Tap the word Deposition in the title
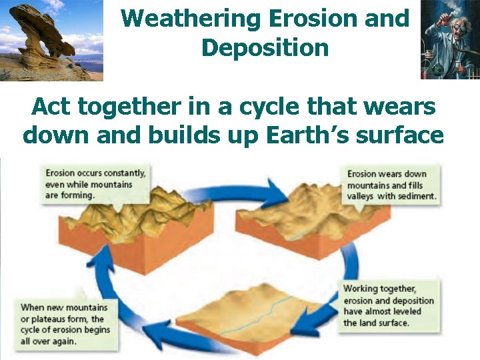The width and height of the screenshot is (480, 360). (265, 48)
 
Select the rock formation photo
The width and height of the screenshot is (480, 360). (51, 40)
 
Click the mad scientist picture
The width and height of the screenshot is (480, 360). (449, 40)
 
